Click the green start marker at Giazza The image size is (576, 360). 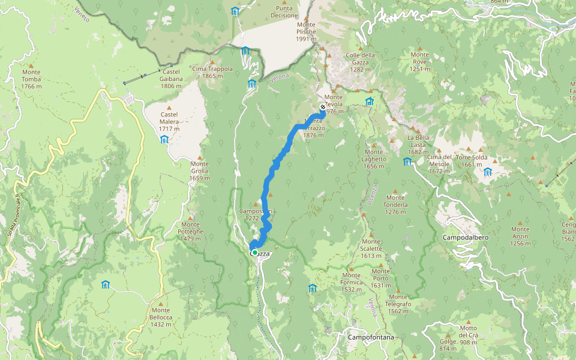[255, 253]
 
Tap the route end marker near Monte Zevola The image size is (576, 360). [322, 107]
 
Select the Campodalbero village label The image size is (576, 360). [465, 238]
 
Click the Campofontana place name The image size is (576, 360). [371, 338]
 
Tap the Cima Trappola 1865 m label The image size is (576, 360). [212, 72]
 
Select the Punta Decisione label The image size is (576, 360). [284, 11]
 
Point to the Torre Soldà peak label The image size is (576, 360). [472, 161]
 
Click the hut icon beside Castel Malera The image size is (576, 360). [164, 139]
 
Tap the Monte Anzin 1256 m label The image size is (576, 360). [520, 232]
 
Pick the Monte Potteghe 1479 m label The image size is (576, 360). [191, 231]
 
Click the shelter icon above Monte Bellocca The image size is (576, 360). [106, 284]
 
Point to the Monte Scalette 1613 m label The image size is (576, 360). [371, 252]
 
